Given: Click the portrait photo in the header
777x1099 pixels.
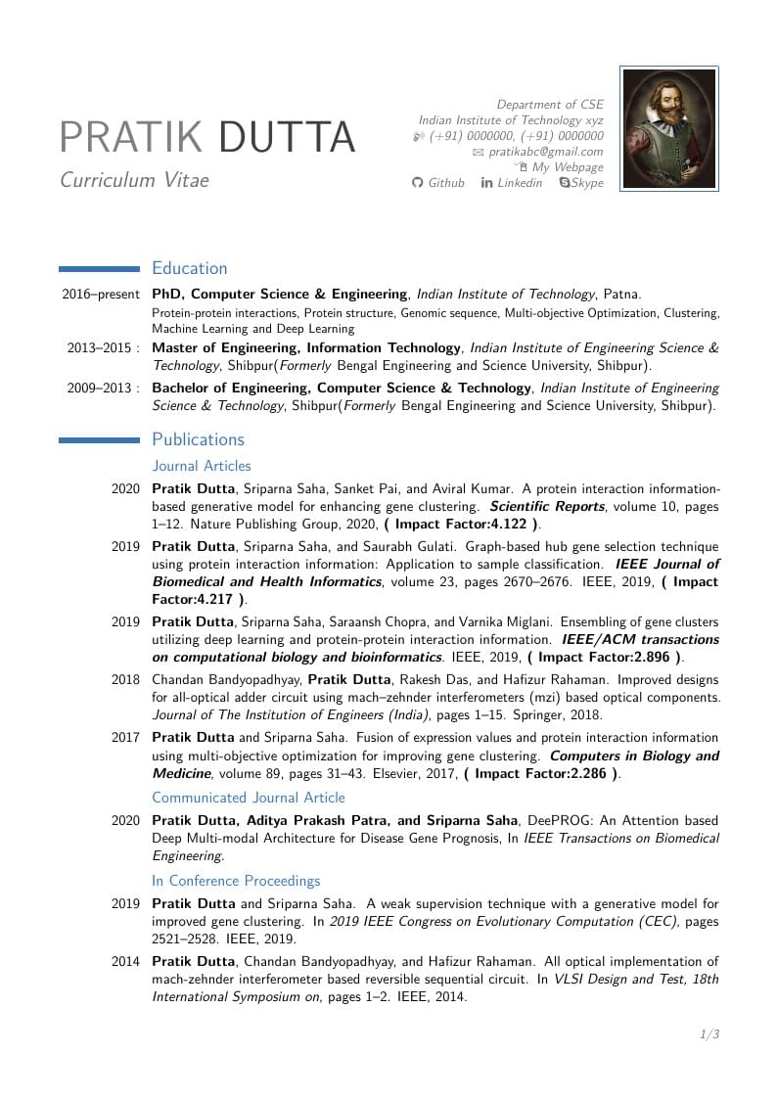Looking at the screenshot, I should tap(669, 128).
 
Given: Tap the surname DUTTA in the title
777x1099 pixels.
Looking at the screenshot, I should tap(287, 138).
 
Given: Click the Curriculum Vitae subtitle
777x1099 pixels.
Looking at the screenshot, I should tap(134, 180).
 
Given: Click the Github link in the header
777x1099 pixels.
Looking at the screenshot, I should tap(446, 183).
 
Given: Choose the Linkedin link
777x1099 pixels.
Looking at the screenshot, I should tap(519, 183).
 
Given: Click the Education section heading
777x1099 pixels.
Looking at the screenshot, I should tap(190, 268).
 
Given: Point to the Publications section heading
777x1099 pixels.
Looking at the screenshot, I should tap(198, 439).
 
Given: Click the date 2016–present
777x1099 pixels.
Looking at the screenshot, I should tap(101, 295).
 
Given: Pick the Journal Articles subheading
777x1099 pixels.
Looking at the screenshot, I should tap(202, 466).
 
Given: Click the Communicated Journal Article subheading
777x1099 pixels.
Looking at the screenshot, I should tap(249, 798).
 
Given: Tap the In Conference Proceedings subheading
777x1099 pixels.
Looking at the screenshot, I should tap(236, 881).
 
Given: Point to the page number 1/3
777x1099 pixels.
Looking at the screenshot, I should tap(709, 1034).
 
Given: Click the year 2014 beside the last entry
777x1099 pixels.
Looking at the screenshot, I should tap(125, 962).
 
